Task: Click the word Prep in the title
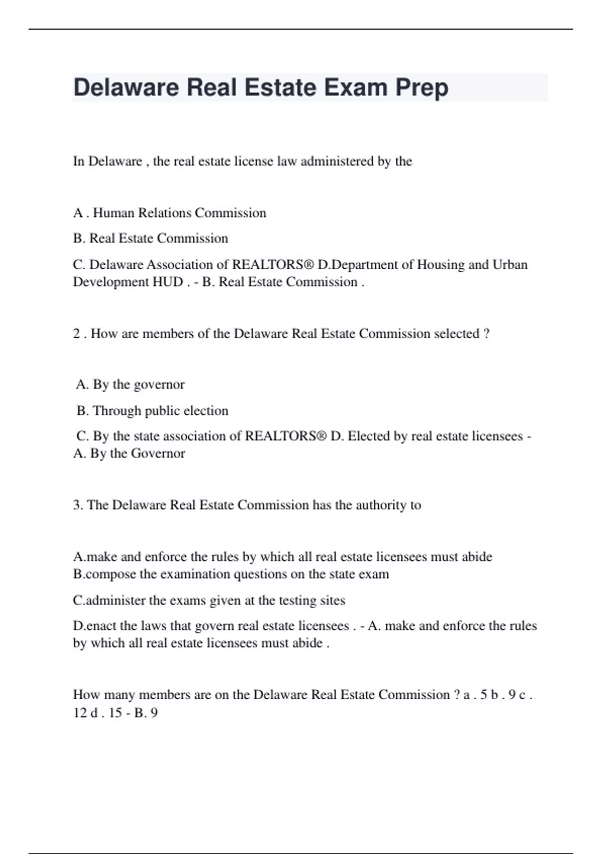[x=421, y=88]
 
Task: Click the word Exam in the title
[x=356, y=88]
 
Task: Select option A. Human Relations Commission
[x=170, y=213]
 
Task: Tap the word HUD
[x=168, y=282]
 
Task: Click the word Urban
[x=510, y=265]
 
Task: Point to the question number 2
[x=76, y=334]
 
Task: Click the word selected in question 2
[x=456, y=334]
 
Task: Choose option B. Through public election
[x=153, y=411]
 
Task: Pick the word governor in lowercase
[x=160, y=385]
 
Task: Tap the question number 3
[x=78, y=505]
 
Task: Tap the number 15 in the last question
[x=115, y=713]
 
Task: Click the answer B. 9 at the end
[x=146, y=713]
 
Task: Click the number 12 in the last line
[x=80, y=713]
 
